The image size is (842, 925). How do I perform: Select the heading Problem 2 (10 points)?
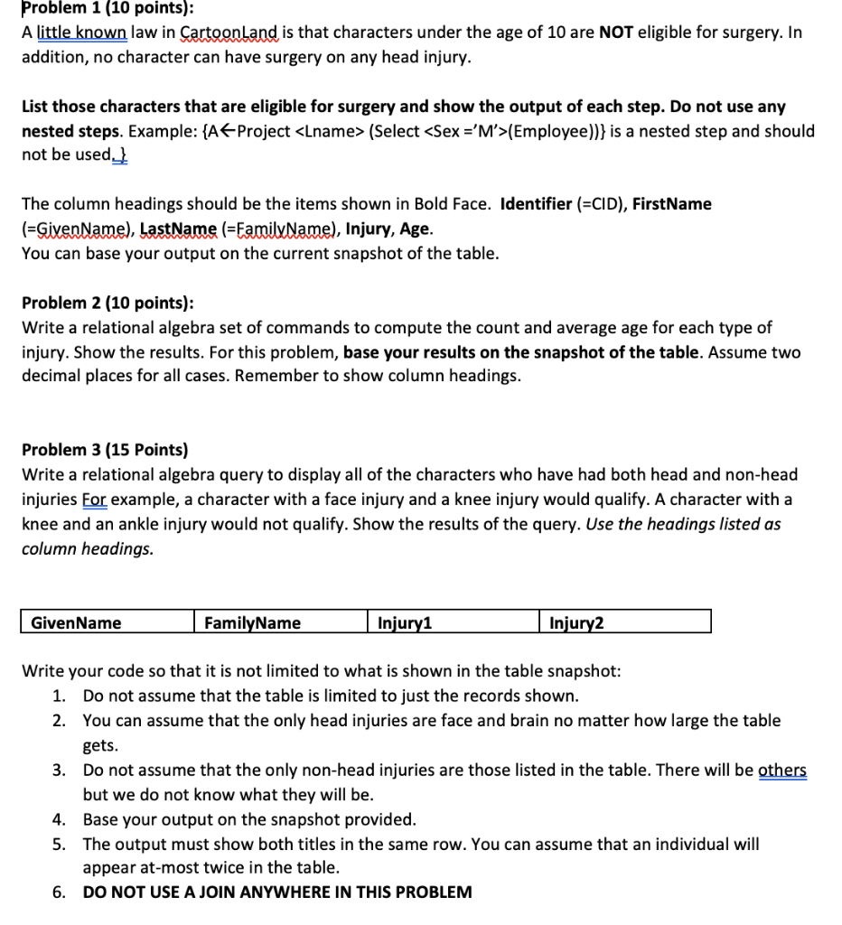click(107, 303)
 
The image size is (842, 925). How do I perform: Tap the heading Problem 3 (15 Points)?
click(105, 449)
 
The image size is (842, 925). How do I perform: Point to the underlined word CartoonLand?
click(233, 33)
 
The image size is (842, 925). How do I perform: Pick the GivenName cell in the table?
click(76, 622)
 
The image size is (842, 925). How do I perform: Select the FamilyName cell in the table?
click(253, 622)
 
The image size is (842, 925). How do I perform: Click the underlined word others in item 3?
click(782, 771)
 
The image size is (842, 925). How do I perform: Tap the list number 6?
click(58, 892)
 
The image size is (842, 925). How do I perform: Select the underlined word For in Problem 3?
click(95, 500)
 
